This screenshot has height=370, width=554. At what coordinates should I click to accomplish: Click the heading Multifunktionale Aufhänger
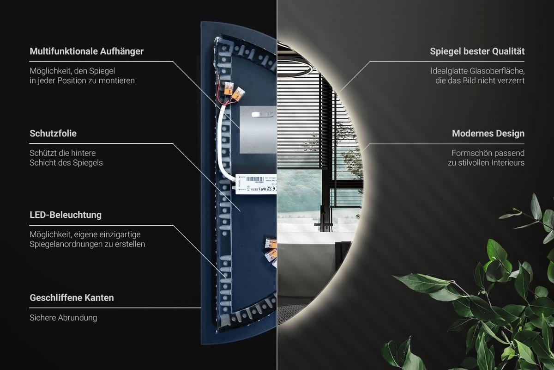[x=87, y=51]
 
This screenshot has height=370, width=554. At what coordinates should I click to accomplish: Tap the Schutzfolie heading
[x=53, y=133]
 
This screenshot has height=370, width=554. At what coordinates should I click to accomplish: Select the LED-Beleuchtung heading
[x=66, y=215]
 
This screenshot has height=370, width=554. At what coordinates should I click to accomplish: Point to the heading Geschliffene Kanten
[x=72, y=298]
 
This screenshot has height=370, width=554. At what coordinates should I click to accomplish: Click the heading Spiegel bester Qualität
[x=477, y=51]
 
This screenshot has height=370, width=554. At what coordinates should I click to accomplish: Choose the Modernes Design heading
[x=488, y=133]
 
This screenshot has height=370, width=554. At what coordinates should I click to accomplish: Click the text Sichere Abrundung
[x=63, y=318]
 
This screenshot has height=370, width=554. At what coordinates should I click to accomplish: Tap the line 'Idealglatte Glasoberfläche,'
[x=477, y=71]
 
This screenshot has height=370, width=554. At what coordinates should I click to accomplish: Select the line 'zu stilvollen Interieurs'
[x=486, y=163]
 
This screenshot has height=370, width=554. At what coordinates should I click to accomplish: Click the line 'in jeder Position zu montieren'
[x=82, y=81]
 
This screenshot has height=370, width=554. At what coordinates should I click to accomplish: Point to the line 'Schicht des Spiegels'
[x=66, y=163]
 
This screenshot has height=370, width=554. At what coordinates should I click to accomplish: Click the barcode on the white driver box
[x=255, y=179]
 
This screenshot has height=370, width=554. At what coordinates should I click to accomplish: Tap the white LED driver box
[x=256, y=184]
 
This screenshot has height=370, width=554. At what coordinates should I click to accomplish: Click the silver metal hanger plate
[x=258, y=129]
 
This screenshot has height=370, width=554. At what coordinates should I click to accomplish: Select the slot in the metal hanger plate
[x=262, y=114]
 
